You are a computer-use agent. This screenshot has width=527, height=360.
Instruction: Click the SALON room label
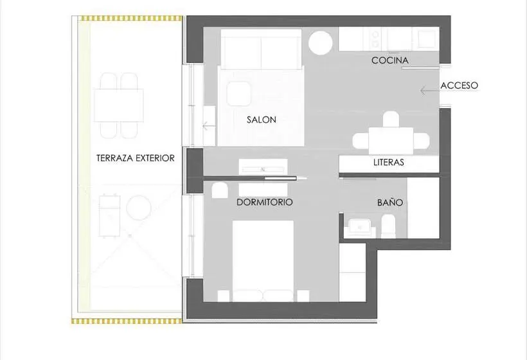click(x=262, y=120)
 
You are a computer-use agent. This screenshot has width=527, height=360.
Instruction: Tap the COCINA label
click(x=390, y=60)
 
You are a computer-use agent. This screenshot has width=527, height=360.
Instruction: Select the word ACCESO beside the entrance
click(x=459, y=85)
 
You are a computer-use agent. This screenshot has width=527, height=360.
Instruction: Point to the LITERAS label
click(x=389, y=163)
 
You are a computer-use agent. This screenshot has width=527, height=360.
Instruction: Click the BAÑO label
click(x=390, y=203)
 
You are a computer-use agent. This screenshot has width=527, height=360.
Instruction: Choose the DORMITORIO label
click(x=265, y=203)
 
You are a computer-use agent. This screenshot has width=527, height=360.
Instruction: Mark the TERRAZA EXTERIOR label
click(x=136, y=158)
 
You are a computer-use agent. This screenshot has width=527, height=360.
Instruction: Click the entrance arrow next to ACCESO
click(x=429, y=91)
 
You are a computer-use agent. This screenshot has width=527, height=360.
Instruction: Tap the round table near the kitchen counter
click(x=321, y=42)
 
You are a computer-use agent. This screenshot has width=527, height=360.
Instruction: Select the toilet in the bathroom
click(x=388, y=226)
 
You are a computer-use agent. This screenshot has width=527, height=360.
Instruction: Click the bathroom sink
click(x=359, y=227)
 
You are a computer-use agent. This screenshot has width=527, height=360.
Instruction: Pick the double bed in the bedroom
click(x=263, y=261)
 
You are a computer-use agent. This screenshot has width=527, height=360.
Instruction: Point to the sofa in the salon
click(x=261, y=50)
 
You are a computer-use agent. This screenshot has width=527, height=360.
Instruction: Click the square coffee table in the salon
click(x=238, y=94)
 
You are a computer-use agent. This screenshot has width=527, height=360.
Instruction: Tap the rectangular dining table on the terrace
click(x=119, y=105)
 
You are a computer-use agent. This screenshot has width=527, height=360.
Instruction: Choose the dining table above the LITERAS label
click(x=391, y=141)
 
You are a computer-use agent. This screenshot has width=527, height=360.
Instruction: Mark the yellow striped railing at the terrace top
click(x=127, y=18)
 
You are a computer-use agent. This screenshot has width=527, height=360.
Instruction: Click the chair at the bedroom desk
click(x=220, y=191)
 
